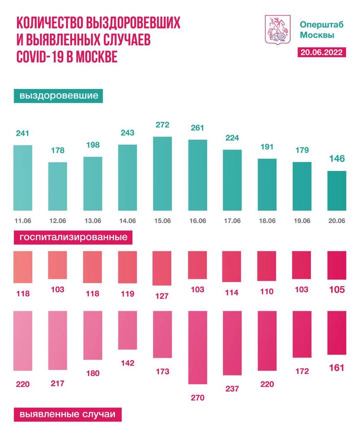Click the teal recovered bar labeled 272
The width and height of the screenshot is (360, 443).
pos(162,173)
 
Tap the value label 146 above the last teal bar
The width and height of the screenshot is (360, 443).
pos(336,159)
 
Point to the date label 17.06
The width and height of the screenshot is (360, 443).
pos(232,220)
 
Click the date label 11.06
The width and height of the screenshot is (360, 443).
pos(22,220)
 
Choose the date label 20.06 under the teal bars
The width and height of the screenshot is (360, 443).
pos(336,220)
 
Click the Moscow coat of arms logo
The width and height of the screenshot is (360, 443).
pos(276,28)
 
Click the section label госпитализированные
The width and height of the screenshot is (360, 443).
pos(73,237)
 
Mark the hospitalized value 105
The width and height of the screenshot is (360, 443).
pos(336,290)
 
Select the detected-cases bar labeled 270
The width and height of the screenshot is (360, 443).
pos(197,347)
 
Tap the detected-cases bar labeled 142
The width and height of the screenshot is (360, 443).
pos(127,329)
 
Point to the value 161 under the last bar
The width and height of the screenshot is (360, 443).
pos(336,368)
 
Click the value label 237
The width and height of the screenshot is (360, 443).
pos(232,388)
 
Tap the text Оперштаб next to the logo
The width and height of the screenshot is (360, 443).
pos(317,23)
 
